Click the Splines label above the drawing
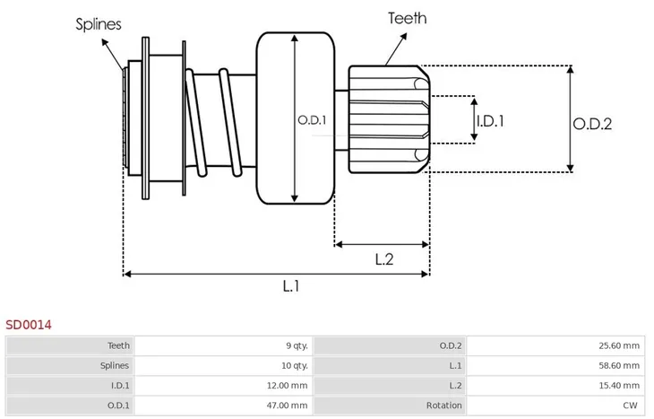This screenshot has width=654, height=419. point(99,24)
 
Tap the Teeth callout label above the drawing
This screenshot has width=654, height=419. point(407,18)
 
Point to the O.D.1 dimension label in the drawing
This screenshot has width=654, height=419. point(312,120)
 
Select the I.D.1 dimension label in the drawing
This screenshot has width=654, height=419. point(490,121)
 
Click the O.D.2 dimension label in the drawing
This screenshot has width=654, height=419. point(592,124)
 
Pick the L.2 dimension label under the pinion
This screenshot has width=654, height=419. point(383,259)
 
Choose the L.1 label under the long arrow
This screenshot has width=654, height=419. point(290,286)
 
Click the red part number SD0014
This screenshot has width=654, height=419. point(29,325)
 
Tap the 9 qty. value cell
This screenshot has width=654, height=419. point(297,346)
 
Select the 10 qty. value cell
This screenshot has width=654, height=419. point(295,366)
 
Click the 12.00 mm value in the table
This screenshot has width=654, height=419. point(287,385)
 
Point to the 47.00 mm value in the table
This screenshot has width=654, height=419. point(287,406)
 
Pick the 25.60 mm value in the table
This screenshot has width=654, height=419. point(619,346)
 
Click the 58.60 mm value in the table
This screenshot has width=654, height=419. point(619,366)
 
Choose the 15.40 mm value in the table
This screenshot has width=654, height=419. point(619,385)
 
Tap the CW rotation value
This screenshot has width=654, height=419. point(630,406)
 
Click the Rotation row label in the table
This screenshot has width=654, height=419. point(443,406)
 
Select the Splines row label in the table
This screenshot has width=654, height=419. point(115,366)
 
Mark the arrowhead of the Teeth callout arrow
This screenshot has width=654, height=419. point(404,37)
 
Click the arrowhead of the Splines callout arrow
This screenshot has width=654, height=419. point(105,42)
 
